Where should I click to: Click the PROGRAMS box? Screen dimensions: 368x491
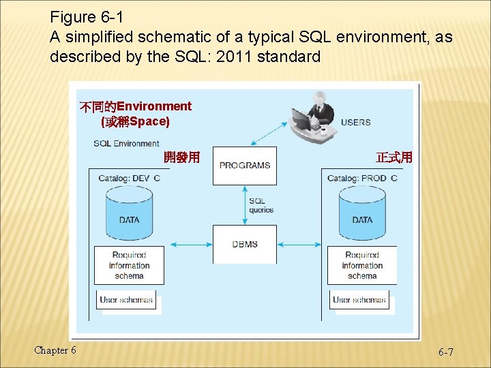(244, 166)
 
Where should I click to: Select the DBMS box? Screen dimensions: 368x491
(244, 244)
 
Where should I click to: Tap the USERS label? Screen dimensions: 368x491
(355, 123)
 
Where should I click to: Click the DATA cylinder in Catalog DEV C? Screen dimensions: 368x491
(129, 211)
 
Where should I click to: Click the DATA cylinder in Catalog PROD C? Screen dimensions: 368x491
(362, 211)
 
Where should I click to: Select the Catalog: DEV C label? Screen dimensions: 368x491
(129, 179)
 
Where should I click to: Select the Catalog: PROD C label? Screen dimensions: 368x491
(361, 179)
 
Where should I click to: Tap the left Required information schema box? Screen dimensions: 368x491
(129, 266)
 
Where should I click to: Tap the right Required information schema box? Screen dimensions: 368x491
(361, 266)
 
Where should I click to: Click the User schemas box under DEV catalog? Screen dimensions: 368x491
(127, 300)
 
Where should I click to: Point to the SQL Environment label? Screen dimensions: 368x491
(126, 144)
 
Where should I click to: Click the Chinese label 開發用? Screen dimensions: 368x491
(181, 157)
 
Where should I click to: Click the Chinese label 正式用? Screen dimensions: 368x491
(393, 157)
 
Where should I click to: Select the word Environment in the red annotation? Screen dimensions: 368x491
(154, 106)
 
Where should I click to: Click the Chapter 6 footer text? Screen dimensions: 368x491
(55, 350)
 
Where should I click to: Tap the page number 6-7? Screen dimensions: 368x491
(446, 352)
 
